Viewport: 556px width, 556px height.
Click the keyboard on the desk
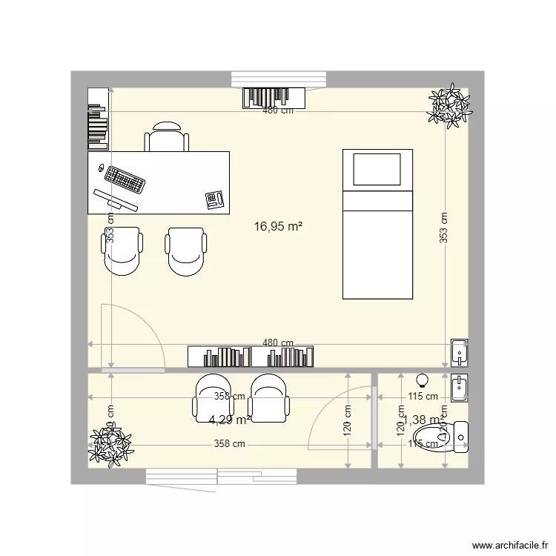(124, 179)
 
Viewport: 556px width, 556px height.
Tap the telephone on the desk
(215, 199)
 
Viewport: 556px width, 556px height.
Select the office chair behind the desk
(167, 138)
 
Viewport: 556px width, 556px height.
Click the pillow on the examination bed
(377, 169)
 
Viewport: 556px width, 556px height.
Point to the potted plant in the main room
(449, 106)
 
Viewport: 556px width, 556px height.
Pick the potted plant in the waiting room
(110, 447)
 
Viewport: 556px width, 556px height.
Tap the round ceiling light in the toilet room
(423, 380)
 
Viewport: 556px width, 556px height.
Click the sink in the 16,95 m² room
(460, 352)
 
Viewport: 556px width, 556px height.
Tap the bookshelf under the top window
(274, 97)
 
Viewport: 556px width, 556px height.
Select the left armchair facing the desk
(122, 251)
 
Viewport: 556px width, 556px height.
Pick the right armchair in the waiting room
(268, 398)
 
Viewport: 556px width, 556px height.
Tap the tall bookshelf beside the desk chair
(98, 118)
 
